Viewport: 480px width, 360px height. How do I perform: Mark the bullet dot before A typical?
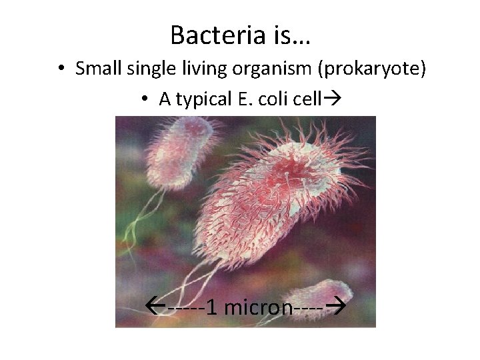(145, 100)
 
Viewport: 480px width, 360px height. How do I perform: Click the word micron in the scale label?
(257, 307)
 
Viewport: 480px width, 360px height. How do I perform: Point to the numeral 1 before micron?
(211, 307)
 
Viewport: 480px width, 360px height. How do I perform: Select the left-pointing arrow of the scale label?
(155, 307)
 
